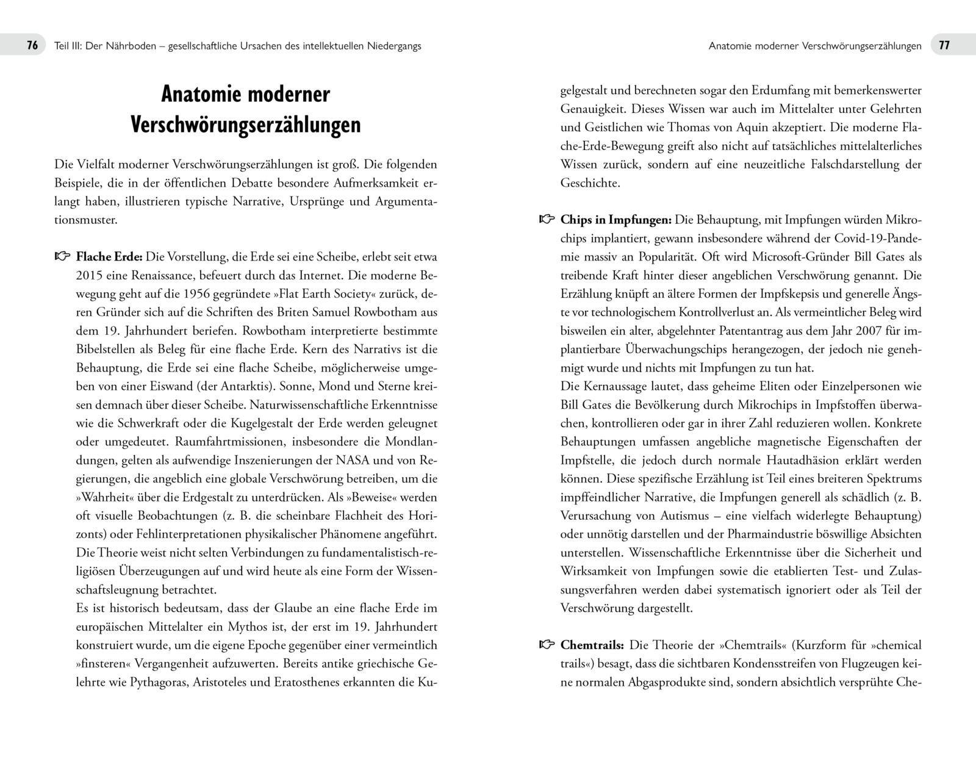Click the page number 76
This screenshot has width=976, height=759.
click(32, 46)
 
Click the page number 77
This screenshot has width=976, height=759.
click(944, 46)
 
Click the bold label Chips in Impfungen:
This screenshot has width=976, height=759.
click(615, 220)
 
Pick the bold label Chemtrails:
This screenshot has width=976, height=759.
click(592, 645)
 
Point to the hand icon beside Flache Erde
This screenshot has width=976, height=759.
click(63, 257)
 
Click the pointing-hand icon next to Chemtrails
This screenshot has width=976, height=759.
click(547, 645)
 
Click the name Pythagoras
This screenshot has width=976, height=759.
click(158, 682)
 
